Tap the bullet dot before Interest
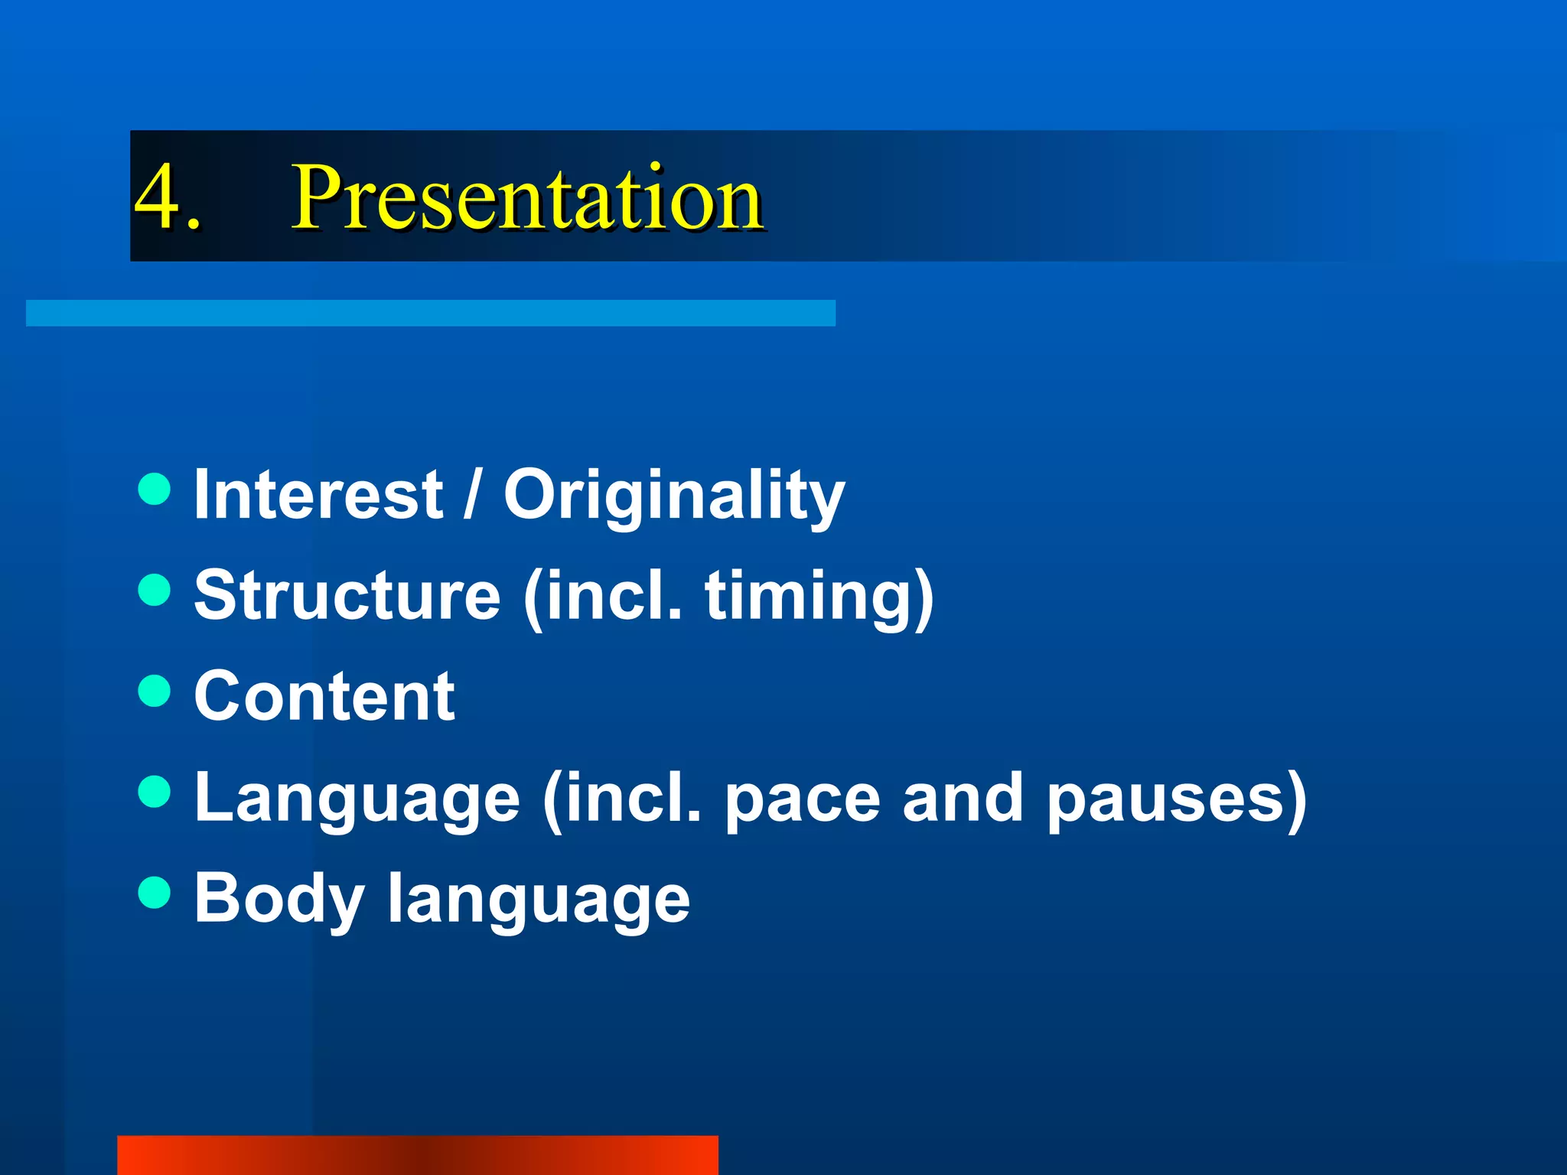(155, 489)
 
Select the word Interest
(318, 495)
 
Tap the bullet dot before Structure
(155, 590)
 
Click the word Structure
(347, 596)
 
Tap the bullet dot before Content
(155, 691)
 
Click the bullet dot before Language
(155, 792)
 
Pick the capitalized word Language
(357, 799)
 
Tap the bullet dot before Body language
(155, 893)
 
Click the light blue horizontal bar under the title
(430, 313)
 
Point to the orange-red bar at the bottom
(417, 1154)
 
